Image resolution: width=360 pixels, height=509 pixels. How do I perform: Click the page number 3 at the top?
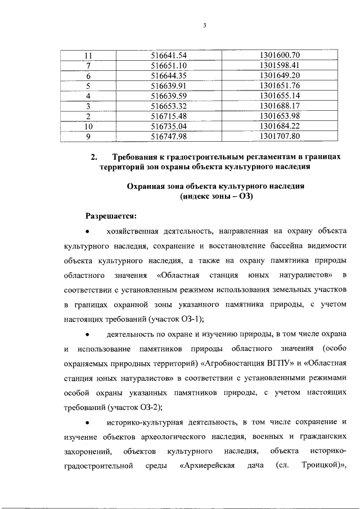pyautogui.click(x=205, y=24)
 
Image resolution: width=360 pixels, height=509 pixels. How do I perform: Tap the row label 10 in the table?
pyautogui.click(x=88, y=126)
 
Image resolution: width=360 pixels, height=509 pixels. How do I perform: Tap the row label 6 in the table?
pyautogui.click(x=88, y=75)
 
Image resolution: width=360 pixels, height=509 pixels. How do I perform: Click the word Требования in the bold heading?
pyautogui.click(x=139, y=158)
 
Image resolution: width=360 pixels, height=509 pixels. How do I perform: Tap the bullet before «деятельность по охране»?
pyautogui.click(x=87, y=335)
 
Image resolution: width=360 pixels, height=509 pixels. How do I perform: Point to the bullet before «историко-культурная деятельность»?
pyautogui.click(x=87, y=422)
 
